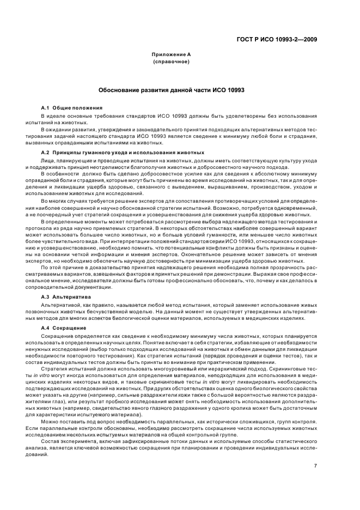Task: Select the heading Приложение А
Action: click(x=171, y=54)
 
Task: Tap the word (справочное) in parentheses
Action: click(x=171, y=62)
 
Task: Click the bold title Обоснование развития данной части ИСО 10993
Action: click(x=171, y=89)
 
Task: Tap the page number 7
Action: click(x=315, y=450)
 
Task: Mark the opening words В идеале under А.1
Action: click(x=53, y=117)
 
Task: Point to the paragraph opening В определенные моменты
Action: click(x=71, y=221)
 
